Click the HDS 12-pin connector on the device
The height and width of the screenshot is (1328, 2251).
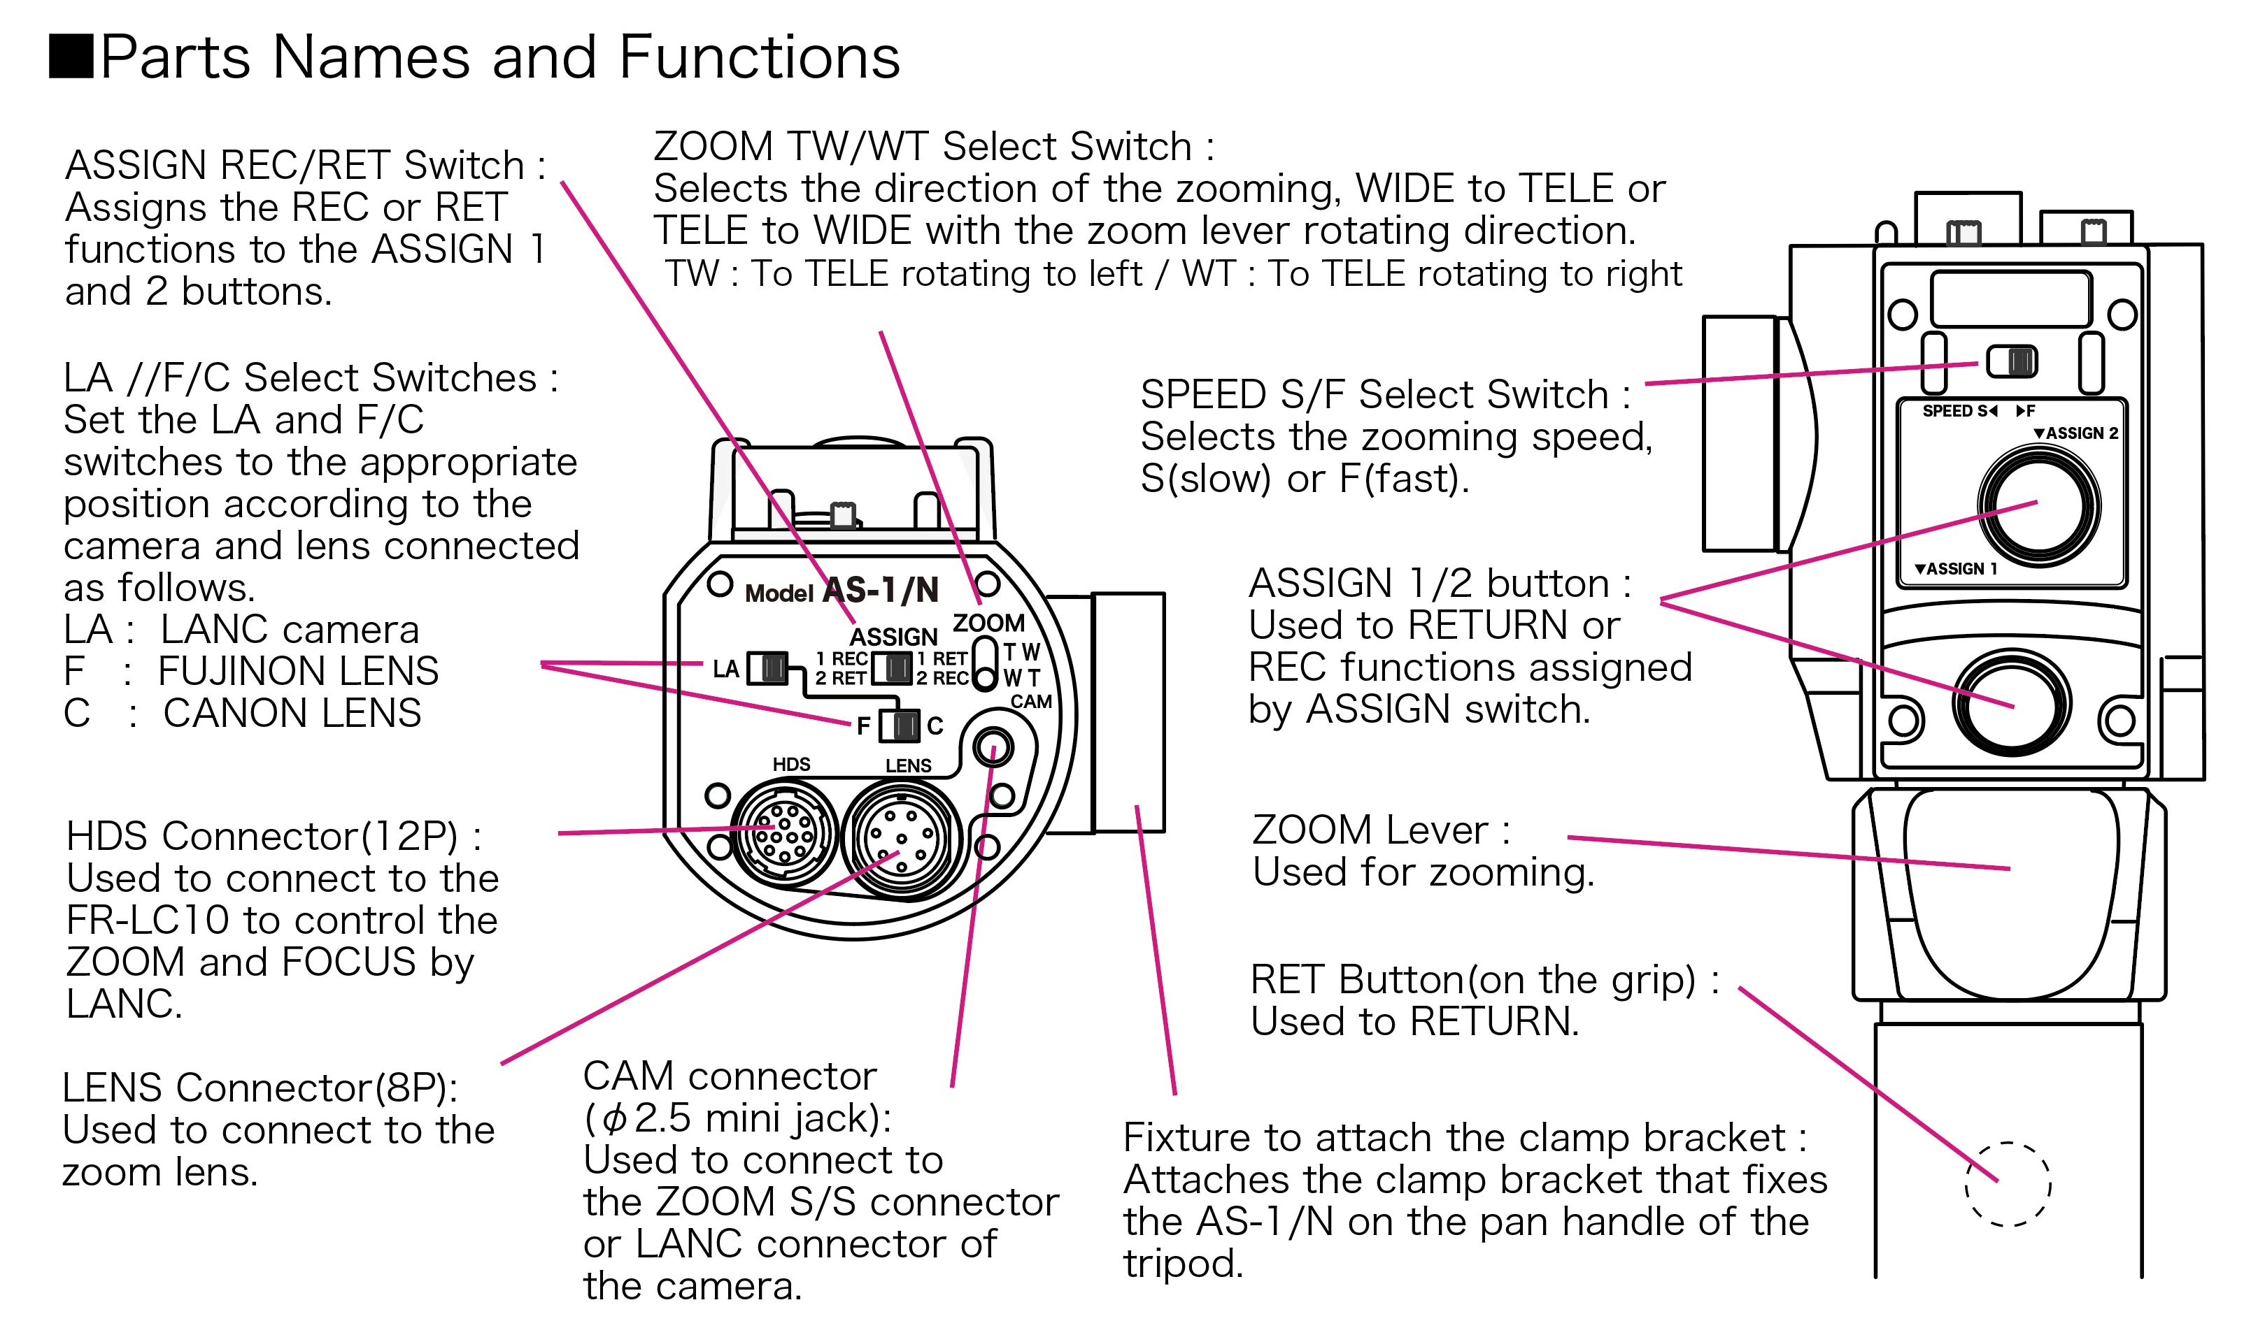point(784,832)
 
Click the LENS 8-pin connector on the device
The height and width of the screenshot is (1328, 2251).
point(901,839)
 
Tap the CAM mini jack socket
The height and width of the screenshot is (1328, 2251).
point(992,746)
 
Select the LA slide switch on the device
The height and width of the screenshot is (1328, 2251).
point(767,667)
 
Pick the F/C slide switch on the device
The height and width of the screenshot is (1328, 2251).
point(899,725)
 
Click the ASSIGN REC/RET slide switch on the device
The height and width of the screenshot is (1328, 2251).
point(893,667)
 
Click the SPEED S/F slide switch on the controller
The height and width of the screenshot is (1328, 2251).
point(2012,361)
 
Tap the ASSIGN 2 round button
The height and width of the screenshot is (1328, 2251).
point(2039,505)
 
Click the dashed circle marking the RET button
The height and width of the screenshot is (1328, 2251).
point(2008,1184)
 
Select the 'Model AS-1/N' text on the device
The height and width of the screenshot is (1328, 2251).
point(842,591)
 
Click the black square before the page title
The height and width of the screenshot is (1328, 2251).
point(71,57)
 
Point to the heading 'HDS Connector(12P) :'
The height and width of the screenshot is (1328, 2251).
point(273,836)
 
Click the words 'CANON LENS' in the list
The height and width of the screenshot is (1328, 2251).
point(292,713)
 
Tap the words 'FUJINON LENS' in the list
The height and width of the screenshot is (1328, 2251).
point(298,671)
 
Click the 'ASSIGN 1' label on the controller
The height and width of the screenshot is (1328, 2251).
point(1956,568)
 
